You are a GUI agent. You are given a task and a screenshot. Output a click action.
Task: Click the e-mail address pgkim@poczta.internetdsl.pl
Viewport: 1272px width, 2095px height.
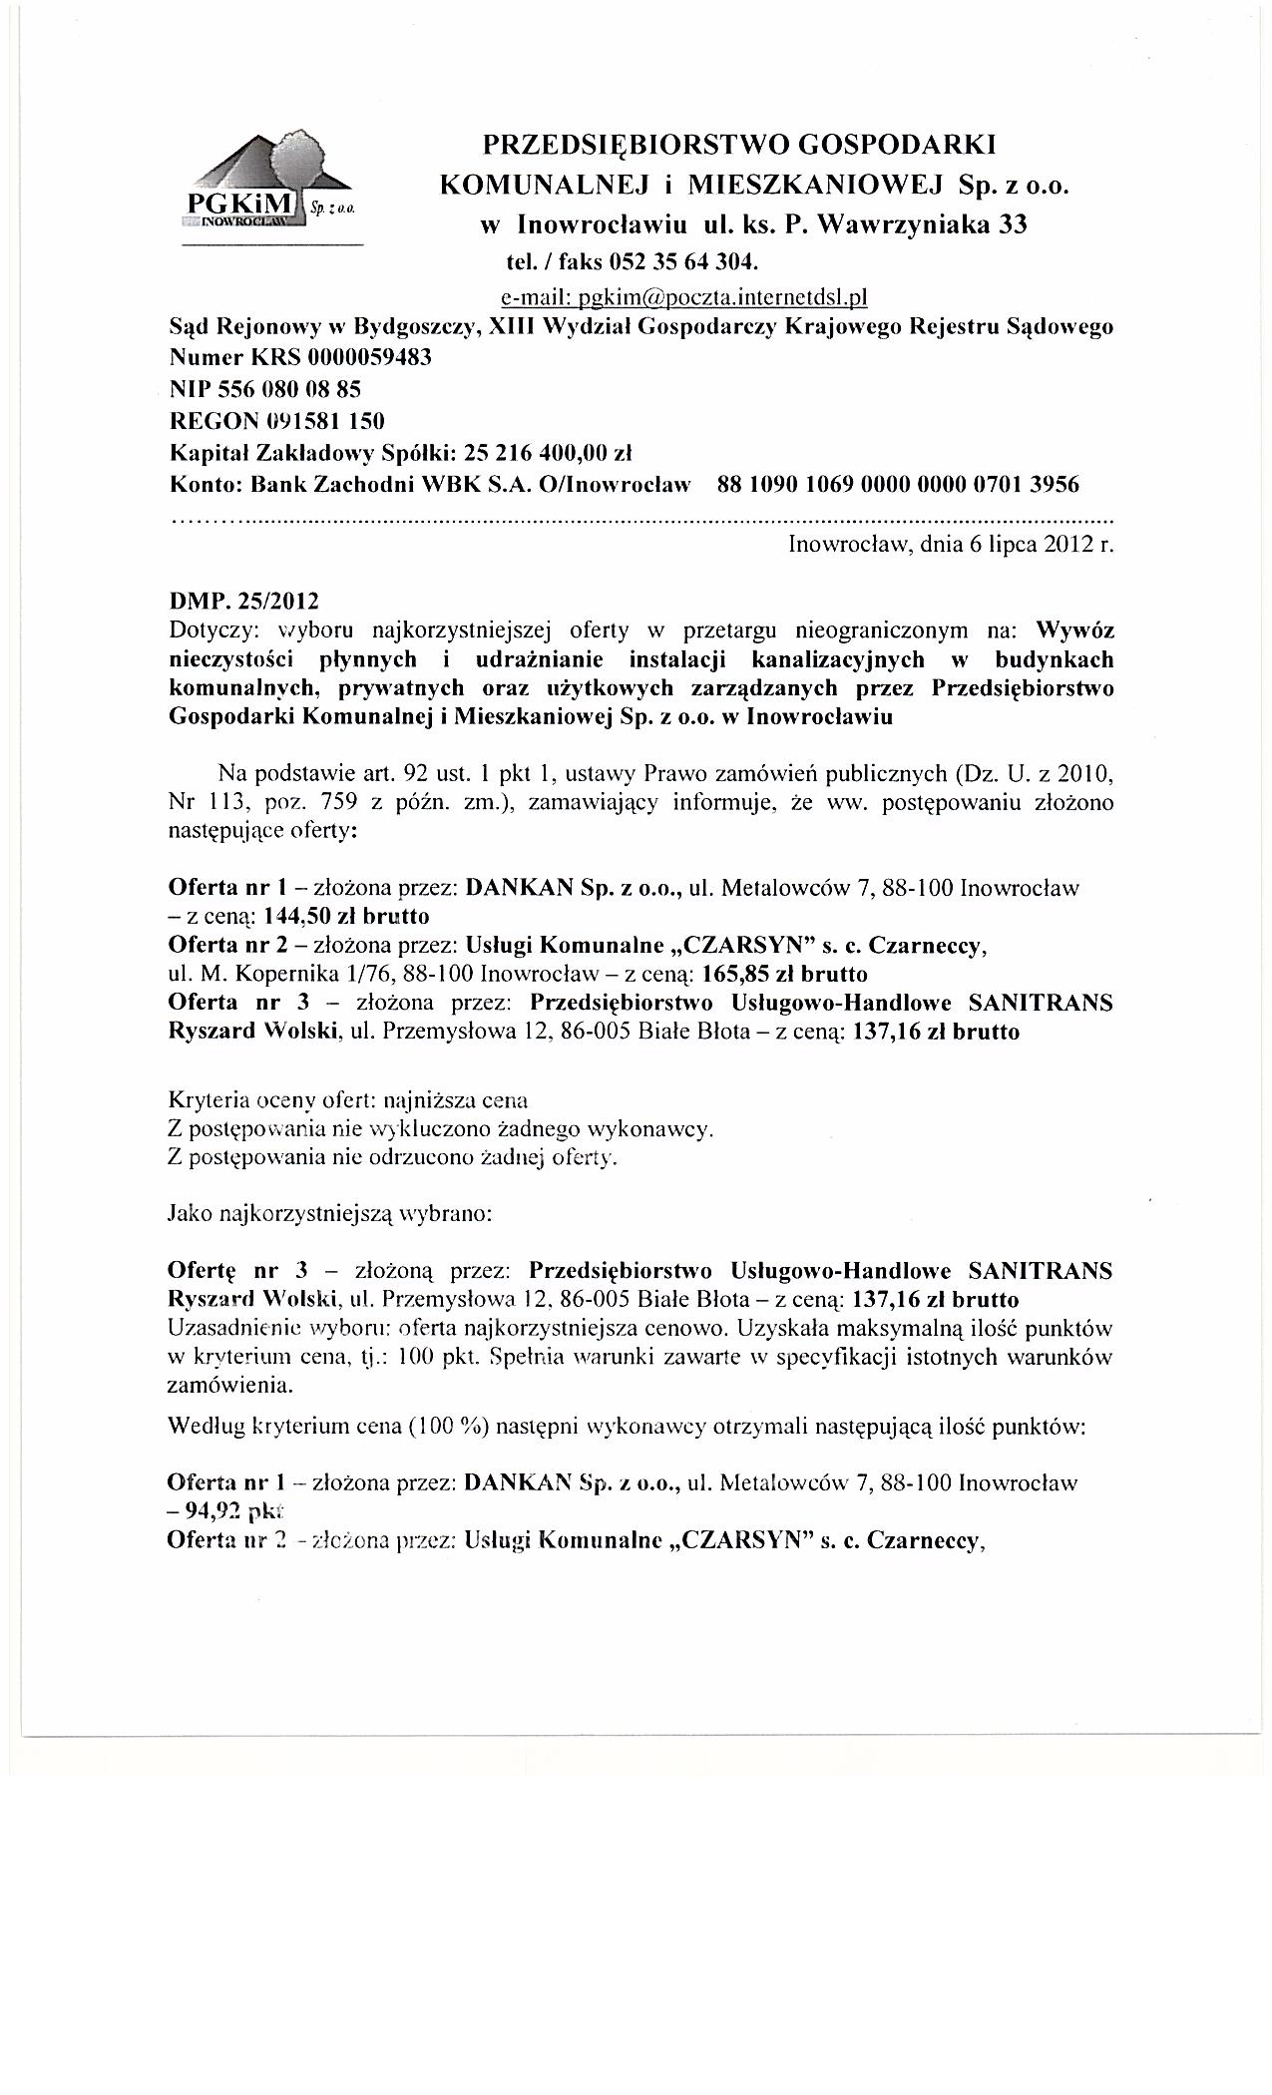685,296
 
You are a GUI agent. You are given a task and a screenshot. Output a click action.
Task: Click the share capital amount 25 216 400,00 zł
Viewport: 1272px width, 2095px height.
549,453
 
